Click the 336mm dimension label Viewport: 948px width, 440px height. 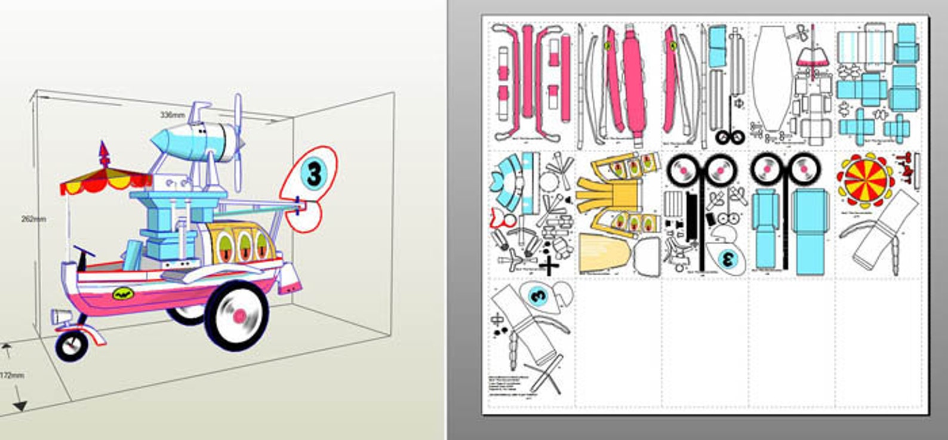coord(172,115)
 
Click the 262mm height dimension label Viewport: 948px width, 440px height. coord(33,219)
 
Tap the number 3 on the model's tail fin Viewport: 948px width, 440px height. coord(314,174)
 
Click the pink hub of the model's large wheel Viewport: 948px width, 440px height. coord(239,315)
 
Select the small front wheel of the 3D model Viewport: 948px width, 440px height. coord(72,346)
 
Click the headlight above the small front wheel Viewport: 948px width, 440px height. coord(60,316)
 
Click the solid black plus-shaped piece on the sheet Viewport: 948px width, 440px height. coord(549,264)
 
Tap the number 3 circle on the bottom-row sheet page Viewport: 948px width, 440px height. coord(538,294)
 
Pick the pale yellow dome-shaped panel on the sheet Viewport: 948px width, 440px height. coord(604,251)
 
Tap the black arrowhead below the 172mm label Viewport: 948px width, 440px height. coord(20,406)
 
